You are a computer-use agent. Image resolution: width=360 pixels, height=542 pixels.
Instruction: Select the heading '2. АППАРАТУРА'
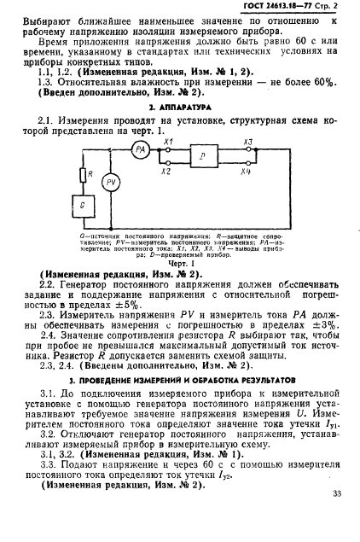click(x=180, y=108)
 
